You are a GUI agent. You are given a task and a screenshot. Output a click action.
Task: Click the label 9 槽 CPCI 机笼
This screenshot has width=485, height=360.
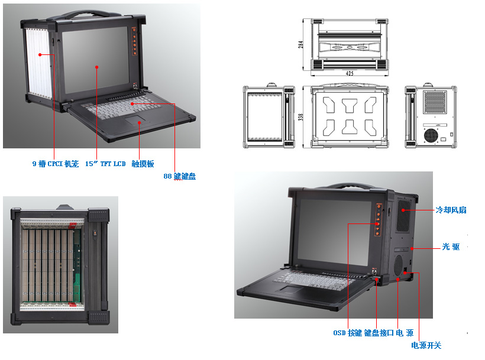(x=55, y=164)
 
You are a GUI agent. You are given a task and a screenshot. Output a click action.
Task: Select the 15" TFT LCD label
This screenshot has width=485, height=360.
(x=105, y=164)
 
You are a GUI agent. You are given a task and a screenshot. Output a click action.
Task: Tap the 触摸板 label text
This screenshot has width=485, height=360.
(x=143, y=164)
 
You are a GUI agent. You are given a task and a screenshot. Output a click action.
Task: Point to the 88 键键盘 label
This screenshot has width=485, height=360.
(x=180, y=176)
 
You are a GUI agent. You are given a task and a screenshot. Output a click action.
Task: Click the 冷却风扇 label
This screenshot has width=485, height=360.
(x=451, y=210)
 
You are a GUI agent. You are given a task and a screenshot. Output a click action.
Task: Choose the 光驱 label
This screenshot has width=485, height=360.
(x=451, y=247)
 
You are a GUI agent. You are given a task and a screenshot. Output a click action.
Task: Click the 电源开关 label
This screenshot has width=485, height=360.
(x=426, y=345)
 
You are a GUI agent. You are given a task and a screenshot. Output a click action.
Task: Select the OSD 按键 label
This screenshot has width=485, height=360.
(x=347, y=333)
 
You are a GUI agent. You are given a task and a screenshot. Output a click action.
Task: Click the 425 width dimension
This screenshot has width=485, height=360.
(x=350, y=73)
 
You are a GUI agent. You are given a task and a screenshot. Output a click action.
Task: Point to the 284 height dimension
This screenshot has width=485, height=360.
(x=301, y=44)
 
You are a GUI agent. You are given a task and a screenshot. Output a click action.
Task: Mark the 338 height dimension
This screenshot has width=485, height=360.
(x=301, y=117)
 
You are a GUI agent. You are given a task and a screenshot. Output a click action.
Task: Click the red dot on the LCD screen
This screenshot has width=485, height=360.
(x=97, y=69)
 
